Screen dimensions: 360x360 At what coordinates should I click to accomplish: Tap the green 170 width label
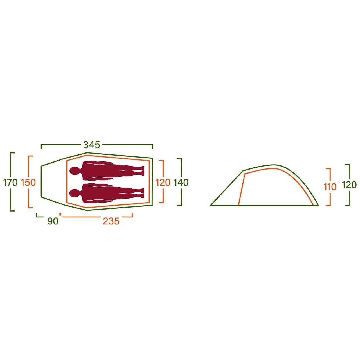click(10, 183)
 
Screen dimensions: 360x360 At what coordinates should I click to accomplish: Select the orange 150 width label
click(28, 183)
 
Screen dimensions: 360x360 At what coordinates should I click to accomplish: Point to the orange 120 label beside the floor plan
click(163, 183)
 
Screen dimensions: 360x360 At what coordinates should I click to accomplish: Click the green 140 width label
click(181, 183)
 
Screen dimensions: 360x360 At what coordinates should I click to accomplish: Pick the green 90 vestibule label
click(53, 221)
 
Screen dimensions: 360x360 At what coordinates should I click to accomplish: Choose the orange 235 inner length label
click(111, 221)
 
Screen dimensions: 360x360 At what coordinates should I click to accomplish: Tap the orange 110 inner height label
click(330, 187)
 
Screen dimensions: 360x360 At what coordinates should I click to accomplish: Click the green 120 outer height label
click(349, 185)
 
